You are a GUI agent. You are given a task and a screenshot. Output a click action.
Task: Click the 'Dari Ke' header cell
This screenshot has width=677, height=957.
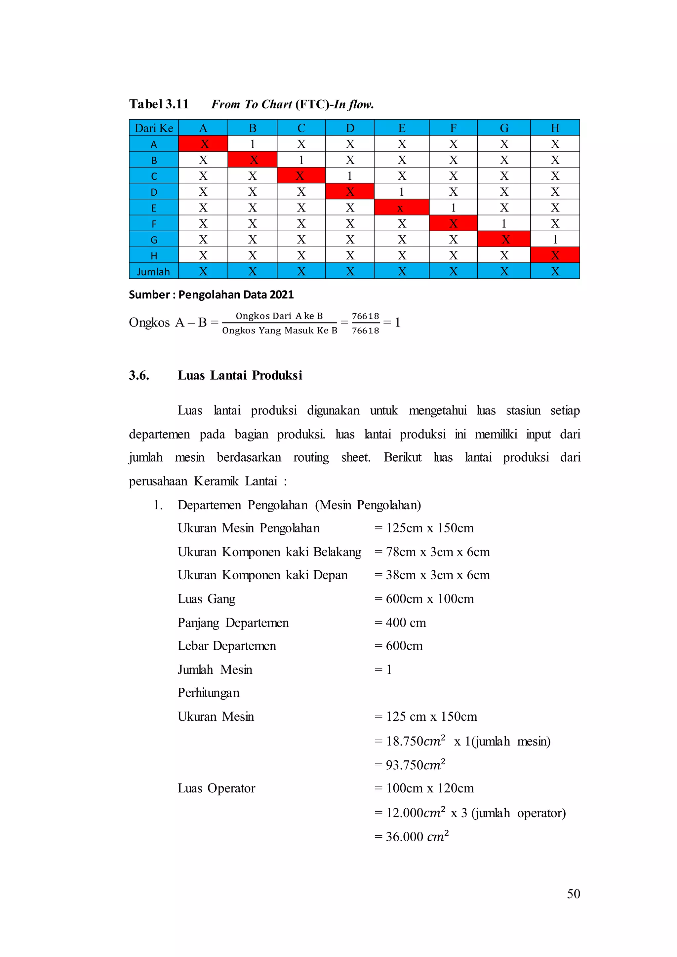coord(153,128)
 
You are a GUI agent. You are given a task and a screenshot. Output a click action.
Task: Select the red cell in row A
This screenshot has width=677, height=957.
coord(203,144)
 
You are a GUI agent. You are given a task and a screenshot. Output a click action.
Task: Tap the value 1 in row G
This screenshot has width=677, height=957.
coord(555,239)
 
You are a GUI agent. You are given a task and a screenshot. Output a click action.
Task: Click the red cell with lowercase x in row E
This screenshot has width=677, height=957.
coord(401,208)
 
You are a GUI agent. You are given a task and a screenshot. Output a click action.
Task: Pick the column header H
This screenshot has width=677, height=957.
coord(555,128)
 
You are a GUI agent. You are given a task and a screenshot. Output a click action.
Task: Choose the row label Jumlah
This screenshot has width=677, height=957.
coord(153,272)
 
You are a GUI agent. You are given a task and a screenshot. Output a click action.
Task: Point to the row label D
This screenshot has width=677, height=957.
coord(153,192)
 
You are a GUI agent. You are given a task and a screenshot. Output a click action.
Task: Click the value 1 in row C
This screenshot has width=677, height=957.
coord(349,176)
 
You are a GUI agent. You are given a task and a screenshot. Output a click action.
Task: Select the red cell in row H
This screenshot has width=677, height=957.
coord(555,255)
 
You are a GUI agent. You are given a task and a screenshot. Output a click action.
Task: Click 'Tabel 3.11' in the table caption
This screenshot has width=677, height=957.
coord(159,104)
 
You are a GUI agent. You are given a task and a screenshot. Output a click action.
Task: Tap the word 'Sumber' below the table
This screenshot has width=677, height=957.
coord(149,295)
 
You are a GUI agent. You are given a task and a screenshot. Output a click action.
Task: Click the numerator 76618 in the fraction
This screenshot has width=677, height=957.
coord(365,316)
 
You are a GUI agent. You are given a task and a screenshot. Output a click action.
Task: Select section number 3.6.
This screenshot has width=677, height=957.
coord(139,375)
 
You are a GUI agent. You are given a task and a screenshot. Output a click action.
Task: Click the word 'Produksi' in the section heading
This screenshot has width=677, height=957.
coord(277,375)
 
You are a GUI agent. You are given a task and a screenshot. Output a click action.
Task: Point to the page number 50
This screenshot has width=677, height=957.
coord(573,894)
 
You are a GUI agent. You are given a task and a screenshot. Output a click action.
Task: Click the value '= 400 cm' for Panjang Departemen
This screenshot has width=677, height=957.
coord(400,623)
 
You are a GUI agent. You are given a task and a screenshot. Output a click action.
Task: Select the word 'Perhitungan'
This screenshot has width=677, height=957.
coord(209,693)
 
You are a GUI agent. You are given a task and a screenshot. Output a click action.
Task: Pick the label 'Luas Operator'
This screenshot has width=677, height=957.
coord(217,788)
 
